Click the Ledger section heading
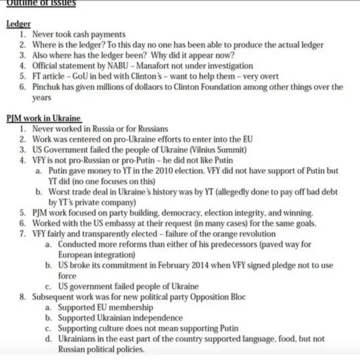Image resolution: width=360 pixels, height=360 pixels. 19,24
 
